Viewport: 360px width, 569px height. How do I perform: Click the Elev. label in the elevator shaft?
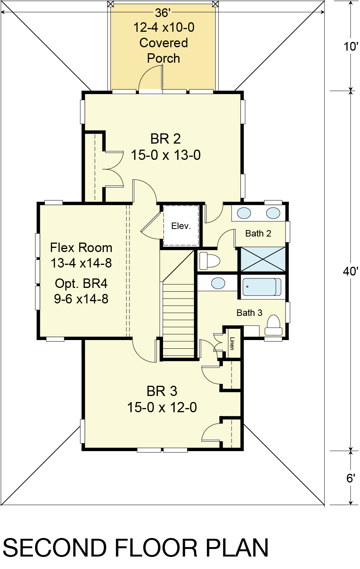point(181,226)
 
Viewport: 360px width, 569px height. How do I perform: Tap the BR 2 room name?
point(165,139)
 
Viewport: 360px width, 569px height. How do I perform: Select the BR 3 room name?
point(162,391)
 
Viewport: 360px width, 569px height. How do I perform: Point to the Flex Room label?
point(81,248)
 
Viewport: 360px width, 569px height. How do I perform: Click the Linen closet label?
point(232,343)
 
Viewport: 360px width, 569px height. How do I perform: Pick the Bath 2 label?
point(258,233)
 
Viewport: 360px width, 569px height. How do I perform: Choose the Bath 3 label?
point(249,313)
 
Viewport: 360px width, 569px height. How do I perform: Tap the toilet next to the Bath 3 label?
point(274,325)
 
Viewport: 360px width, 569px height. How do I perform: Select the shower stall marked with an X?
point(263,259)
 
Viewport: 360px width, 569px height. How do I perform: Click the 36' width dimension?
point(162,13)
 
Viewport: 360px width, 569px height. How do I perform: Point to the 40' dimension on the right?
point(350,272)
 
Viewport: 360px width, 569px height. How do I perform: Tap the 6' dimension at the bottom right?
point(350,478)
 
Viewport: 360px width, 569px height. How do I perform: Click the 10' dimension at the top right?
point(351,47)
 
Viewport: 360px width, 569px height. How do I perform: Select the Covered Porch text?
point(164,51)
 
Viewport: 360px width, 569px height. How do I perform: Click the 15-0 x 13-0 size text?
point(166,155)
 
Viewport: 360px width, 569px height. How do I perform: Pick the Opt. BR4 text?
point(81,283)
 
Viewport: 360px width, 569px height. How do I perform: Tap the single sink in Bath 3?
point(218,283)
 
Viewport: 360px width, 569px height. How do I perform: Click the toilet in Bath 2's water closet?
point(209,260)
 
